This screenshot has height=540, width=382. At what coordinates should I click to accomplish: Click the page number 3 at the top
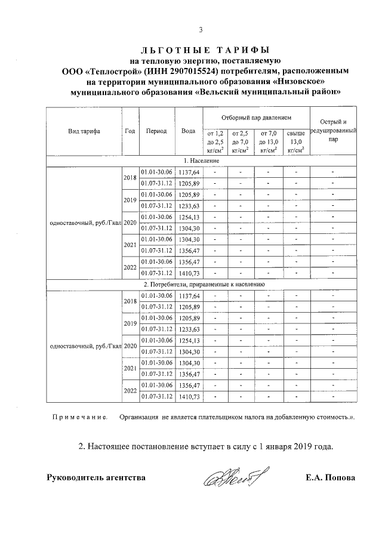point(201,30)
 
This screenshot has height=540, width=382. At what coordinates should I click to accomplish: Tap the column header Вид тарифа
point(84,131)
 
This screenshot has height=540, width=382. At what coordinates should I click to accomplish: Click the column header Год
point(130,131)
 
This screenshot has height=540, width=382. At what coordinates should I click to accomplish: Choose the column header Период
point(156,131)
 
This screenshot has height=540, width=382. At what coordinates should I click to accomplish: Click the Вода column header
point(189,131)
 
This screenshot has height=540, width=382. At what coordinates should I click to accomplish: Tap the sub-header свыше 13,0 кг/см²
point(296,142)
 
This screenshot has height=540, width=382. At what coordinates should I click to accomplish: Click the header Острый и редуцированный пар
point(333,131)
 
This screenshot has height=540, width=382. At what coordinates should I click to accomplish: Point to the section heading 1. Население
point(201,161)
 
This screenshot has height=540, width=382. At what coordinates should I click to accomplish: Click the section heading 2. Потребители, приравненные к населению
point(201,285)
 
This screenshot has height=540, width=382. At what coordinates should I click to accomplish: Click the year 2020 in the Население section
point(130,222)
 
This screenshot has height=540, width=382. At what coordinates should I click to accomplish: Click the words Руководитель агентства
point(95,478)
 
